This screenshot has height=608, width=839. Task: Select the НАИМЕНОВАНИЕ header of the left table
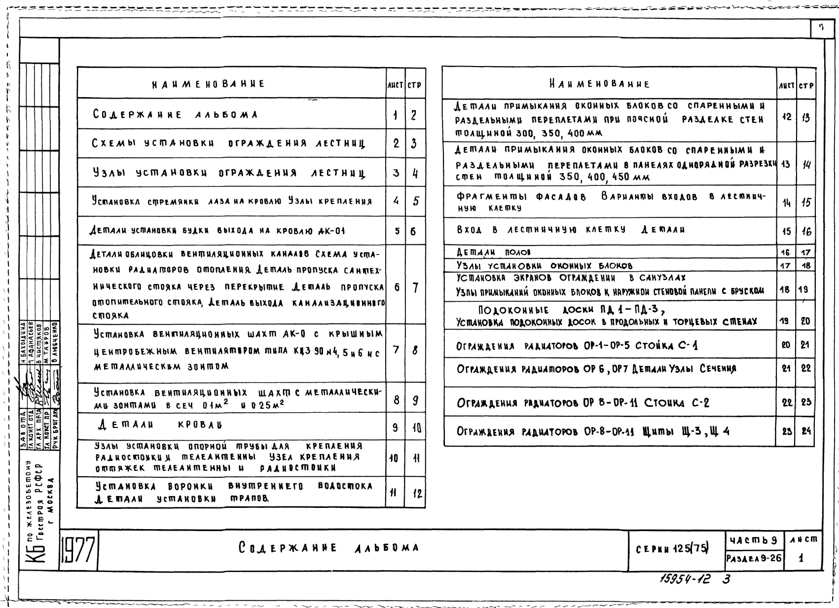click(209, 84)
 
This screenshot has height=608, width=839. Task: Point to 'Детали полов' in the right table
click(493, 252)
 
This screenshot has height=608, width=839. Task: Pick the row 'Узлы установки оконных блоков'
click(544, 265)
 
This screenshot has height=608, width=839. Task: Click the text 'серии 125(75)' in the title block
click(673, 548)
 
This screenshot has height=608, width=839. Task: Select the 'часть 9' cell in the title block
click(753, 540)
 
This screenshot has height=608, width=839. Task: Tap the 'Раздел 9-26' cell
click(754, 558)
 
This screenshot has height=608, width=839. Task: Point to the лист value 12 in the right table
click(786, 117)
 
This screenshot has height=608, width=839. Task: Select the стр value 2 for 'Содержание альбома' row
click(414, 115)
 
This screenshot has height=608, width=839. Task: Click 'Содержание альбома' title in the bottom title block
click(329, 548)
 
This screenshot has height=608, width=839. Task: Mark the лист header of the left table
click(395, 85)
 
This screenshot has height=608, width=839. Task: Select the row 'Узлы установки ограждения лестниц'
click(229, 173)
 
